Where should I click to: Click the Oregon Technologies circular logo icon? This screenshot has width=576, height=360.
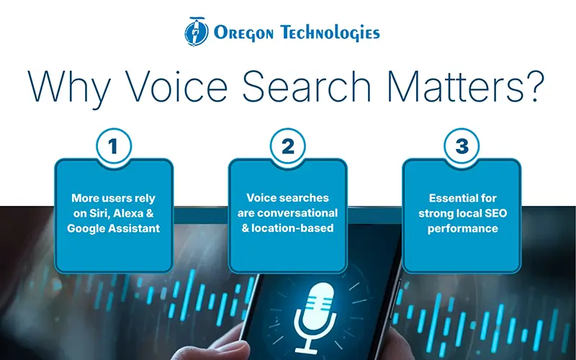(197, 31)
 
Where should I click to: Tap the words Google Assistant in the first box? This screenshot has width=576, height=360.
(114, 228)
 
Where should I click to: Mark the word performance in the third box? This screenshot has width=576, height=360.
(462, 228)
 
